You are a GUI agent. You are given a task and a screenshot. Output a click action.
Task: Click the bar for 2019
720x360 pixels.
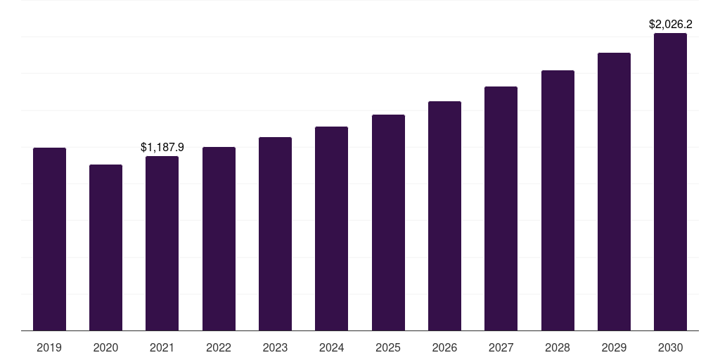(49, 239)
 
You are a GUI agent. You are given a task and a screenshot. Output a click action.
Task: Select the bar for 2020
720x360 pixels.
(105, 247)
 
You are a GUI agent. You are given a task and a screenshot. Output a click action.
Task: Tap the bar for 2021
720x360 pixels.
(162, 243)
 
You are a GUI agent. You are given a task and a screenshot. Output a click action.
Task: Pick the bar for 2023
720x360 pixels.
(275, 233)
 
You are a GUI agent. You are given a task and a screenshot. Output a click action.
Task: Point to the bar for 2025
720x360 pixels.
(388, 222)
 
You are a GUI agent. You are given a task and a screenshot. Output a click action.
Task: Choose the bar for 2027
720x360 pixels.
(501, 208)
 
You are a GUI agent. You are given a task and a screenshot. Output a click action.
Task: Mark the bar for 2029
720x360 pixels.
(614, 191)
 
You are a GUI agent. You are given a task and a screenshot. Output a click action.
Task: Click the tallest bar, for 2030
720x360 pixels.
(670, 181)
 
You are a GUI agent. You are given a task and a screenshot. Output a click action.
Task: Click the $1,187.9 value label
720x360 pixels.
(162, 147)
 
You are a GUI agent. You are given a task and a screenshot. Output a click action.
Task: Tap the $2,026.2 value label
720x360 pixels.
(670, 24)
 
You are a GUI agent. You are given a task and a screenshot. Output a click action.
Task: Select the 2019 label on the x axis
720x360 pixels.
(49, 347)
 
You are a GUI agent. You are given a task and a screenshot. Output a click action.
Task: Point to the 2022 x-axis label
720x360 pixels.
(219, 347)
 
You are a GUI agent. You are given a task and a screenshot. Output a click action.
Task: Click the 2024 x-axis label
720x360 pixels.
(331, 347)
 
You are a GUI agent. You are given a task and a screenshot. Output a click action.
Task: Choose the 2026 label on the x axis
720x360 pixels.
(444, 347)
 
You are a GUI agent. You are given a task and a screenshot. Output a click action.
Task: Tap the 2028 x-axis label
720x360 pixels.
(558, 347)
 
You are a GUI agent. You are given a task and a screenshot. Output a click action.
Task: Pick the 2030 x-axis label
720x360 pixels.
(670, 347)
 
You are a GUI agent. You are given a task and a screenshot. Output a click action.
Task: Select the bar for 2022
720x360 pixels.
(219, 239)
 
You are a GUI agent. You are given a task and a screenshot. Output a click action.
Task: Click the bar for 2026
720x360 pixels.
(444, 216)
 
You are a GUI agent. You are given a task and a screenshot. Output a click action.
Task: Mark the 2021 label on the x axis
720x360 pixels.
(162, 347)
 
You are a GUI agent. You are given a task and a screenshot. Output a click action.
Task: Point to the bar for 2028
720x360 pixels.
(558, 200)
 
